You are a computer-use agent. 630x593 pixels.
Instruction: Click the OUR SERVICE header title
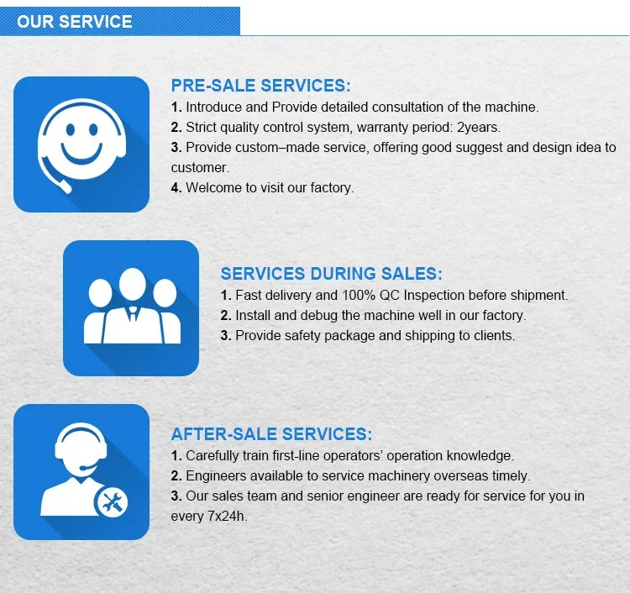pos(74,21)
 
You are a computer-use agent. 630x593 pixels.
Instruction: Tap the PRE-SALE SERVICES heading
pos(260,86)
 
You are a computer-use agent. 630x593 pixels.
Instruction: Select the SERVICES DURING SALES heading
pos(331,274)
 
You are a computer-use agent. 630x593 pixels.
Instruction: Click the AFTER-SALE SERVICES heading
pos(271,434)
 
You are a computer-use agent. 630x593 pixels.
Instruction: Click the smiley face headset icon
pos(81,143)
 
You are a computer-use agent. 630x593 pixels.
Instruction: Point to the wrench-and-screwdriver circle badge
pos(112,502)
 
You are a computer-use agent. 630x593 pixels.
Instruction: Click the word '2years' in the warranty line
pos(478,128)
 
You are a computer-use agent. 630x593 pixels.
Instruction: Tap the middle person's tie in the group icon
pos(131,312)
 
